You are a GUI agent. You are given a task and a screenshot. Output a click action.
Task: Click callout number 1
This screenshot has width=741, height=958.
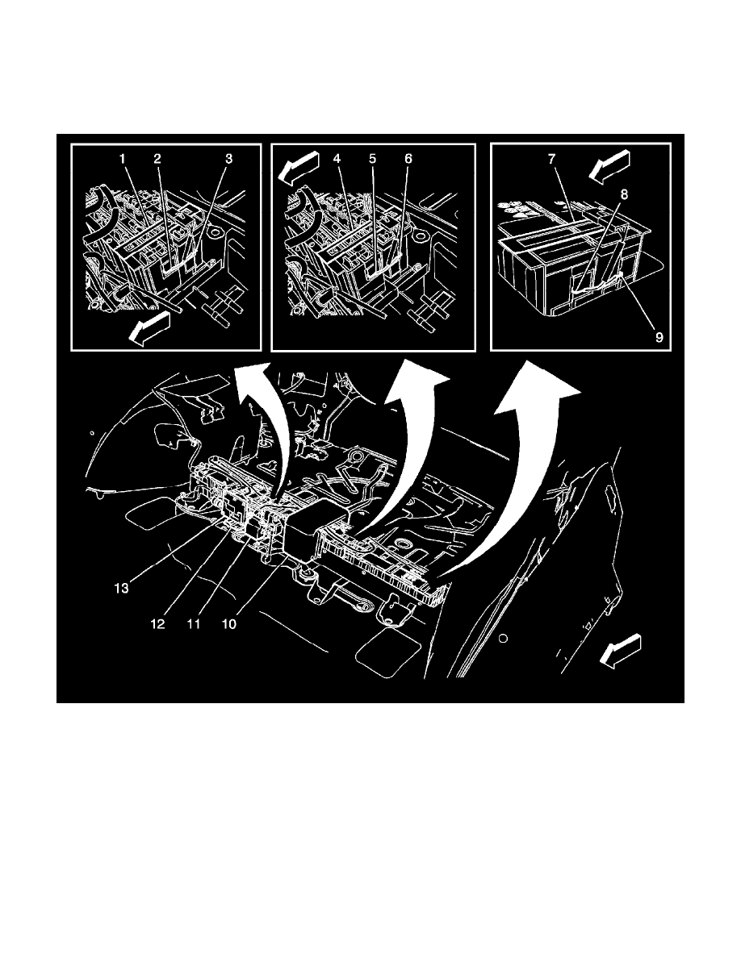pyautogui.click(x=122, y=159)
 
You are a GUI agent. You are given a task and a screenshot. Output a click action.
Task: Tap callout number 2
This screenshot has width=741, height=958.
pyautogui.click(x=157, y=159)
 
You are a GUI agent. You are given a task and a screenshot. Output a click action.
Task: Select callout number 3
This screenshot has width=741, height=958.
pyautogui.click(x=228, y=159)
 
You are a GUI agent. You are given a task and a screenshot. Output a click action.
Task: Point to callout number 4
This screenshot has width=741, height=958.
pyautogui.click(x=337, y=159)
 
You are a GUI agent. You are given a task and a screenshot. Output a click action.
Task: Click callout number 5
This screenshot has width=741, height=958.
pyautogui.click(x=372, y=159)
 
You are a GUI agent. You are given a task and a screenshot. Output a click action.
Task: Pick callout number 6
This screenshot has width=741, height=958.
pyautogui.click(x=408, y=159)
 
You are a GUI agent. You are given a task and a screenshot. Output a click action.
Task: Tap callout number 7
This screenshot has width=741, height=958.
pyautogui.click(x=551, y=159)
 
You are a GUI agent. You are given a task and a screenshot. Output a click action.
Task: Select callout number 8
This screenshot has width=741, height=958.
pyautogui.click(x=624, y=194)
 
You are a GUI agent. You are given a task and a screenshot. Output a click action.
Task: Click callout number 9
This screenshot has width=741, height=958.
pyautogui.click(x=659, y=337)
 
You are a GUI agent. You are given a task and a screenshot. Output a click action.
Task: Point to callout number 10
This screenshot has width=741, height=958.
pyautogui.click(x=228, y=624)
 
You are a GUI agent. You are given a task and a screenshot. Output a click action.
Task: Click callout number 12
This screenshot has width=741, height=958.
pyautogui.click(x=157, y=624)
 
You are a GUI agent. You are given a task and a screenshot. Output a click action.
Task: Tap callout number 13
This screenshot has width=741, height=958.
pyautogui.click(x=122, y=589)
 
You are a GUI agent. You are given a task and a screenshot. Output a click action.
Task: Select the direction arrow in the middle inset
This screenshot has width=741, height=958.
pyautogui.click(x=299, y=165)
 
